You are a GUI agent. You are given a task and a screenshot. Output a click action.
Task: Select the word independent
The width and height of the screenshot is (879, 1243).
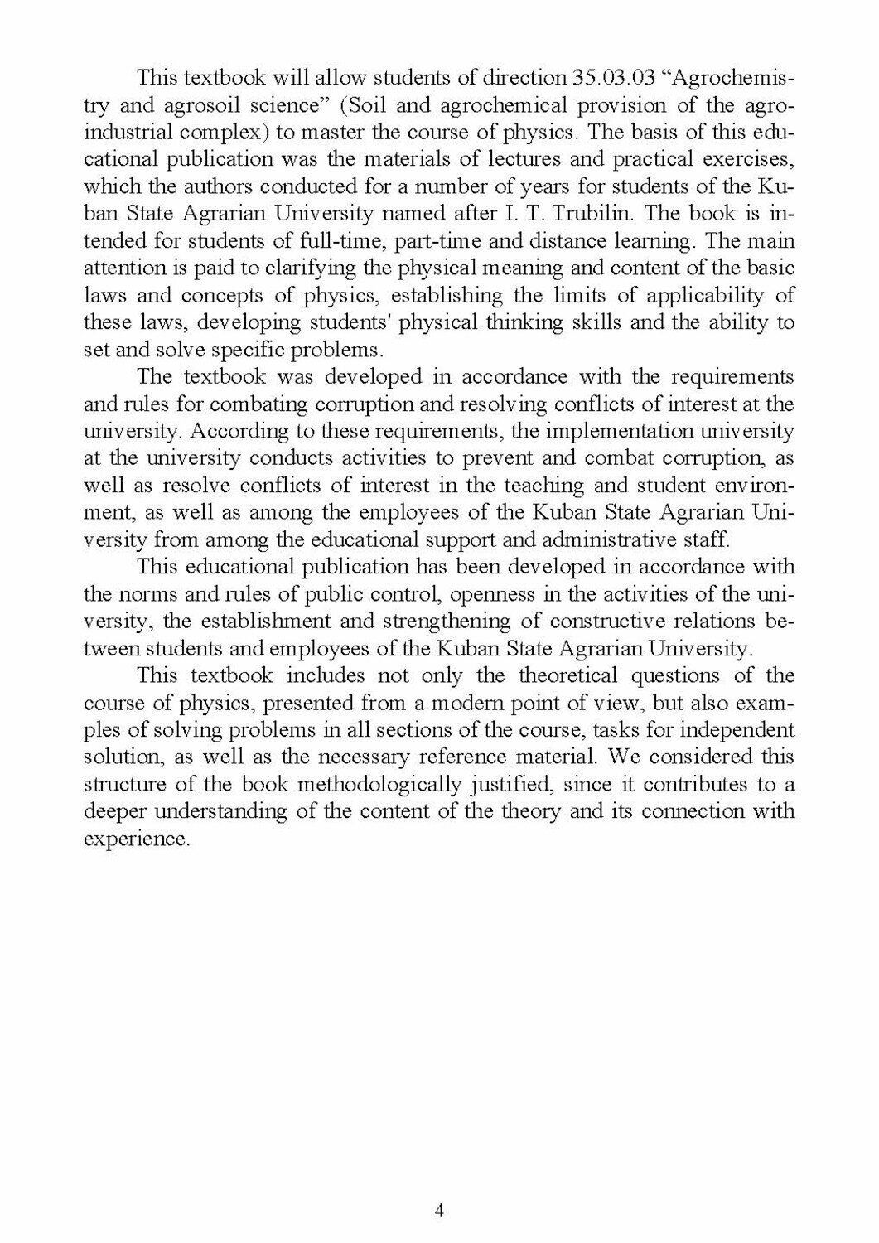pos(739,729)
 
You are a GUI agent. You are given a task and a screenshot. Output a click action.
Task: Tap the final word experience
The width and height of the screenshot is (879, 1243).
pos(138,838)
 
